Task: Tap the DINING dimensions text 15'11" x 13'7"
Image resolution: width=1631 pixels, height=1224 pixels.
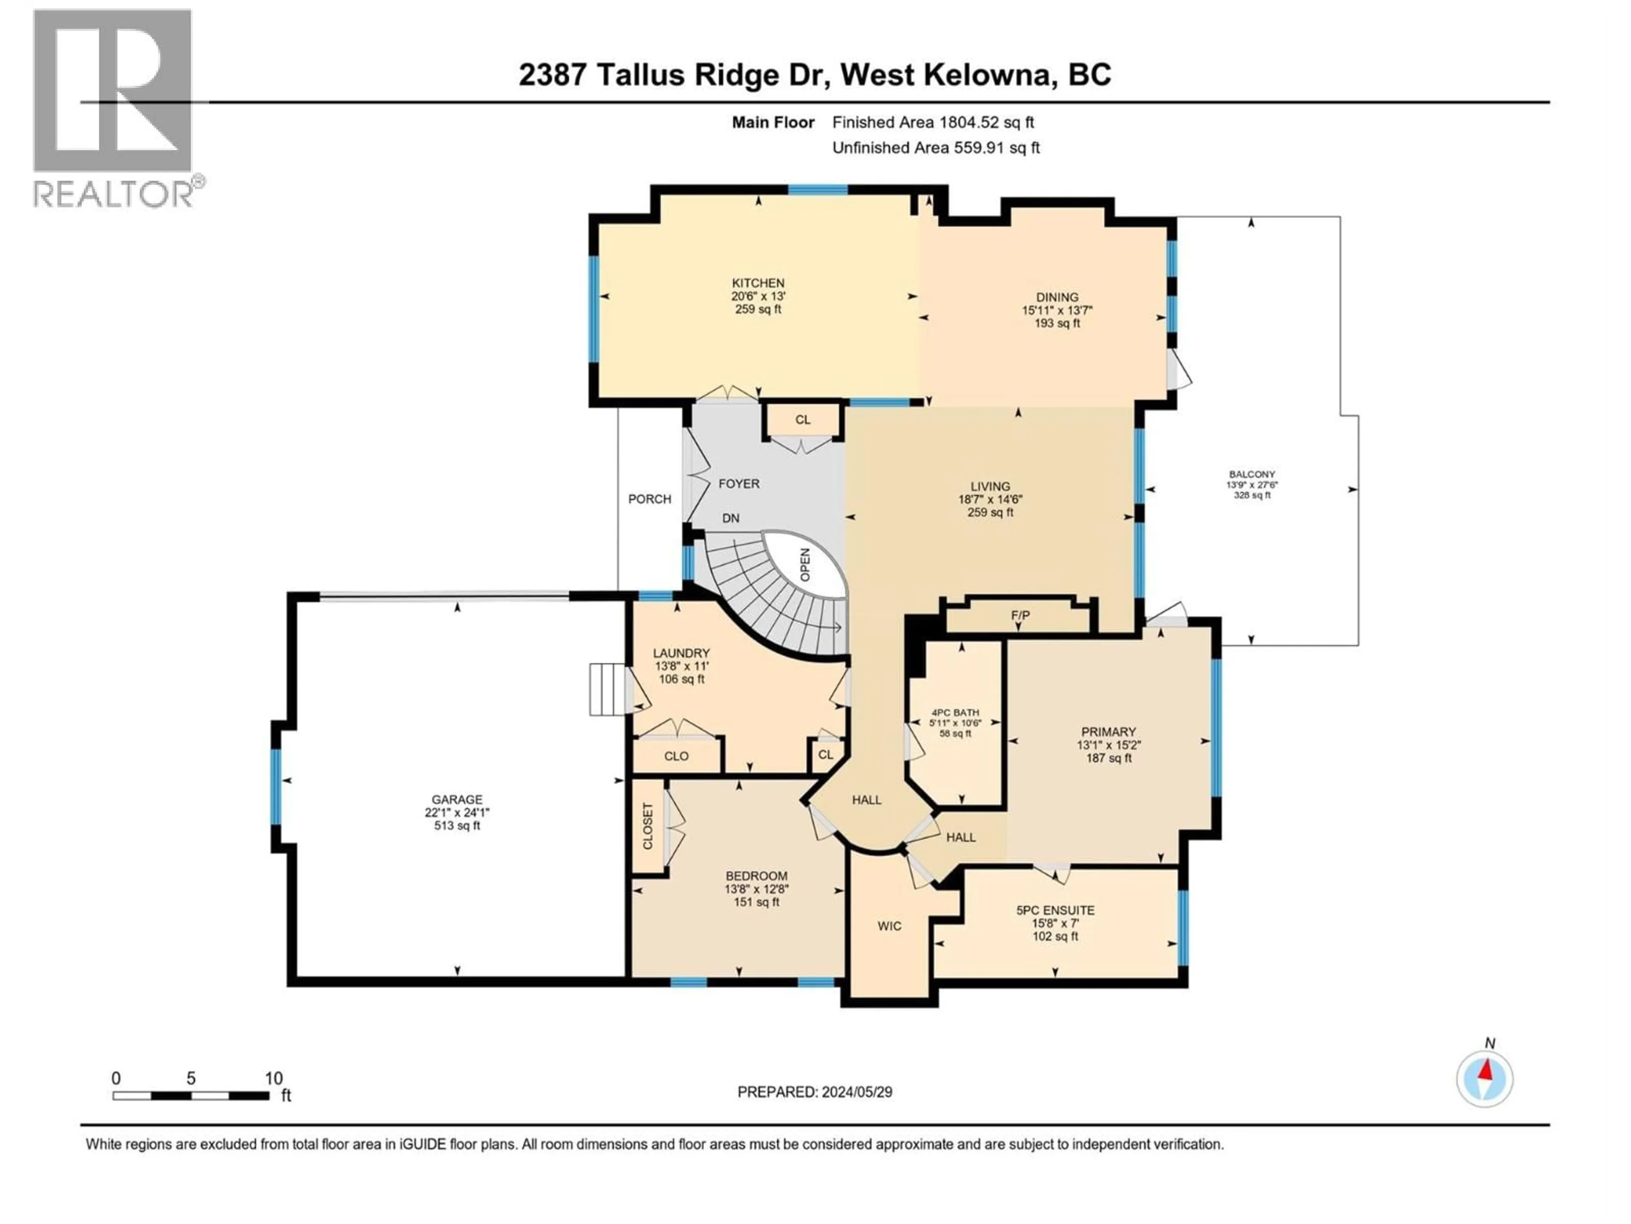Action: point(1057,311)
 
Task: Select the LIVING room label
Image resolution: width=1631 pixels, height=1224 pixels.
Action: point(990,486)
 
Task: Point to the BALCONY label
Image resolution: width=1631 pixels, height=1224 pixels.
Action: point(1252,474)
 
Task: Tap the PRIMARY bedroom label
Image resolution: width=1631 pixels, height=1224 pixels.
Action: point(1108,732)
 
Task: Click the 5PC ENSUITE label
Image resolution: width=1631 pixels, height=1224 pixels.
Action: point(1055,910)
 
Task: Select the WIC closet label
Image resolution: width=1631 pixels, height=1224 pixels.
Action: point(889,926)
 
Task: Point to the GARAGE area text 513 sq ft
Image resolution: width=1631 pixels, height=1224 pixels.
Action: point(457,826)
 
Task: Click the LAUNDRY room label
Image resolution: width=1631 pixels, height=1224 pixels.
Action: point(681,653)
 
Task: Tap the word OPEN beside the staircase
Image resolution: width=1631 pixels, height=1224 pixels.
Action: point(805,564)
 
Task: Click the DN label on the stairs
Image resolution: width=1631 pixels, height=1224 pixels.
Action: point(730,518)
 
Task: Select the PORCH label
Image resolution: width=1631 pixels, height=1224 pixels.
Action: point(649,499)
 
